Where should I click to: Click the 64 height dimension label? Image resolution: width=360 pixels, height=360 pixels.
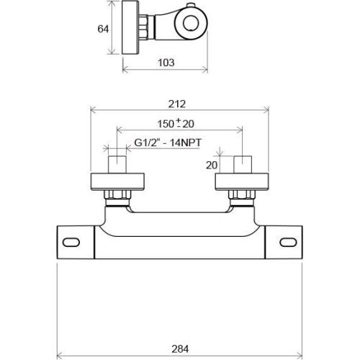tap(103, 29)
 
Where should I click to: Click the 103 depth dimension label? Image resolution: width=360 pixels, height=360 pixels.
tap(166, 63)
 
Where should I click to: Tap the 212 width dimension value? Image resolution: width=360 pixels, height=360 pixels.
tap(177, 104)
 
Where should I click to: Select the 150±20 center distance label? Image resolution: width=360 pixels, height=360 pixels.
tap(176, 124)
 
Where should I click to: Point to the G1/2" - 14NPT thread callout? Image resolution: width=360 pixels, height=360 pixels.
tap(168, 143)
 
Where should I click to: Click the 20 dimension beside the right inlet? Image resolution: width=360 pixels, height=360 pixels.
tap(212, 165)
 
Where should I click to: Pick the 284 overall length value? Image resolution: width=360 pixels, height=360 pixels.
tap(180, 348)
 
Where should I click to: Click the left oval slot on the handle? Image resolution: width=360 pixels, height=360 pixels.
tap(71, 242)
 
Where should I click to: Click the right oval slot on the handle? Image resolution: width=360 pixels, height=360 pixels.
tap(288, 242)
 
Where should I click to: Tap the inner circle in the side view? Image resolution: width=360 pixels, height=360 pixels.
tap(191, 23)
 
